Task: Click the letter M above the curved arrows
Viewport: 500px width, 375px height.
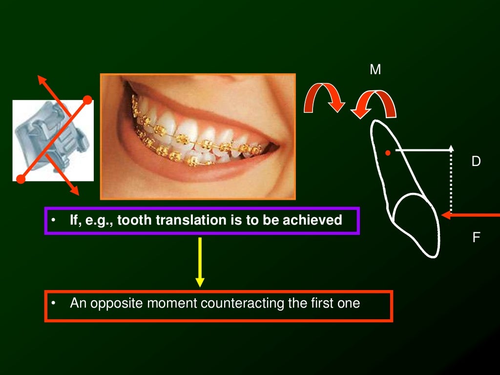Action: pos(375,70)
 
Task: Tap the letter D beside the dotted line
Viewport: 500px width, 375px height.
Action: pos(476,161)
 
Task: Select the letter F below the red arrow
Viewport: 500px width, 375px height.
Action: pos(476,238)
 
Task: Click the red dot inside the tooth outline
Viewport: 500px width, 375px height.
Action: pos(387,153)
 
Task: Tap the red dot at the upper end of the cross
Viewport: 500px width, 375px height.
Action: pos(87,100)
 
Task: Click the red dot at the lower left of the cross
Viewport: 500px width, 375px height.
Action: pos(21,179)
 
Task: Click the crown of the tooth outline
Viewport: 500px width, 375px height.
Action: pos(417,225)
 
